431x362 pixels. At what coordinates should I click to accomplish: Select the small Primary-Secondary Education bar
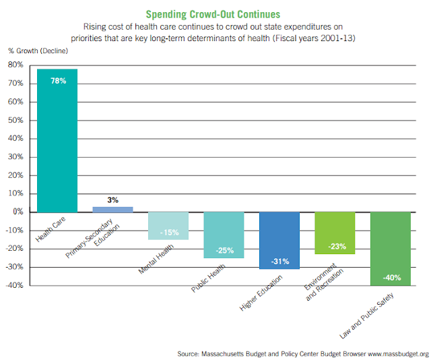pos(112,209)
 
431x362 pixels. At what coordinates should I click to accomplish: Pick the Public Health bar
pos(224,235)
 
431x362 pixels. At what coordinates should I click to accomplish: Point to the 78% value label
pos(57,81)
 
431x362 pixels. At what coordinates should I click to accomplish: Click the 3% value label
pos(112,200)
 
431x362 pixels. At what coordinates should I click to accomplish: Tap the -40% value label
pos(391,277)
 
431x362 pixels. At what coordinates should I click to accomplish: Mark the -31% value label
pos(279,261)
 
